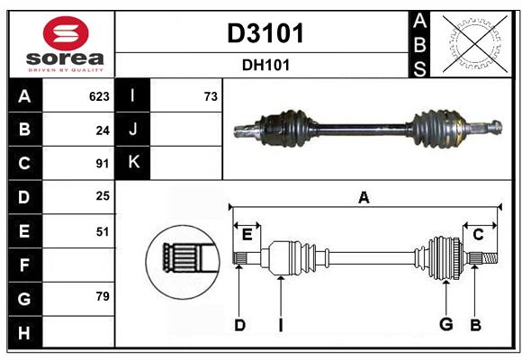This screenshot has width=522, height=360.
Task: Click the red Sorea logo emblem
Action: tap(66, 33)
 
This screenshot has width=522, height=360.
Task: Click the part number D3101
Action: tap(265, 33)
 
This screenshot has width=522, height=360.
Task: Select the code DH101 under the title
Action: tap(265, 65)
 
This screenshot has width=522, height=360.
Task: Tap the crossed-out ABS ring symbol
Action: tap(475, 44)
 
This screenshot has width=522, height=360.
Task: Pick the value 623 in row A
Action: tap(99, 96)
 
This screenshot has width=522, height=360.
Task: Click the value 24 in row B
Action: tap(103, 130)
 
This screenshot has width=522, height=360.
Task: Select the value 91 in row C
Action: tap(103, 164)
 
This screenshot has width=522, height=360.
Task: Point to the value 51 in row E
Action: tap(103, 231)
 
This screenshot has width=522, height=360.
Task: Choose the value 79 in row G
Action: tap(103, 296)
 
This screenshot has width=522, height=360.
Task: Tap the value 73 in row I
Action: tap(211, 96)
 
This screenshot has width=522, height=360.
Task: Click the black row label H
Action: tap(25, 332)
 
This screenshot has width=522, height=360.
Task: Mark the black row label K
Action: tap(133, 162)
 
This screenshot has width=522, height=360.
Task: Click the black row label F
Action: tap(25, 265)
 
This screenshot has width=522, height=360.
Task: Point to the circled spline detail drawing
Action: tap(183, 262)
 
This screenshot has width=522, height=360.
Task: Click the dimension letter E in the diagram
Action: tap(247, 235)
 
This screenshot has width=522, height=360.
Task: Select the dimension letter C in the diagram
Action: tap(478, 235)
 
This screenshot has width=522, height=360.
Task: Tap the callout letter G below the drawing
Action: tap(446, 324)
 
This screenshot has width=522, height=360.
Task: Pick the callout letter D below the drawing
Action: tap(240, 325)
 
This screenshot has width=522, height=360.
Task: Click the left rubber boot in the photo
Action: tap(289, 128)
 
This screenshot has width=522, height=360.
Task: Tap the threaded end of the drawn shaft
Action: tap(490, 258)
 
